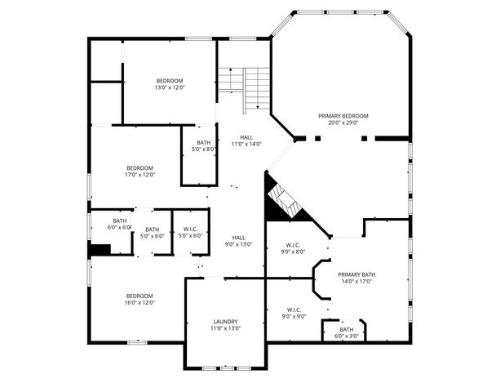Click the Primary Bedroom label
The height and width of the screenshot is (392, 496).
coord(343,116)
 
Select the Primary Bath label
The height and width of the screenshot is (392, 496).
coord(356,274)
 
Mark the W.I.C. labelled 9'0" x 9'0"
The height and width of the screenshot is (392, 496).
coord(294,310)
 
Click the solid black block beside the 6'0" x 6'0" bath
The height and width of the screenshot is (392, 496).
coord(99,249)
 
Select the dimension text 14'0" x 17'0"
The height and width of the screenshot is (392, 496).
coord(356,282)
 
